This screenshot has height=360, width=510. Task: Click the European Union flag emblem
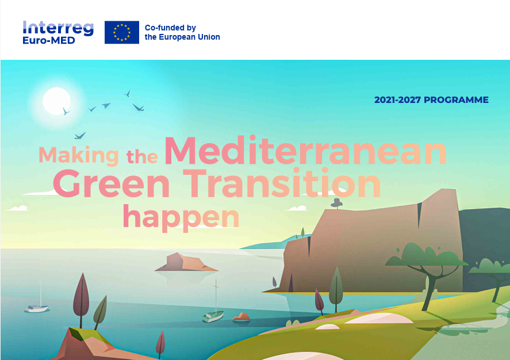[x=122, y=32]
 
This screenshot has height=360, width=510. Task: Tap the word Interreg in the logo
[x=58, y=28]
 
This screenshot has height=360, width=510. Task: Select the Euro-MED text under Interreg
[x=49, y=40]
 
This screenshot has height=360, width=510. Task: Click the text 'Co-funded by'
[x=170, y=28]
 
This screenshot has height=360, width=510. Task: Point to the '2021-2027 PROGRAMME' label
[x=431, y=100]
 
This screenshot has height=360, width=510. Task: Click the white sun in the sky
[x=56, y=101]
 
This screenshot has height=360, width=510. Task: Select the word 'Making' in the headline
[x=79, y=156]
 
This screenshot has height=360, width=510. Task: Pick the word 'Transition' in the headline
[x=282, y=182]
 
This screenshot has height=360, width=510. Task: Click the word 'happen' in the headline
[x=181, y=217]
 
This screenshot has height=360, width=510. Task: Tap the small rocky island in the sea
[x=186, y=262]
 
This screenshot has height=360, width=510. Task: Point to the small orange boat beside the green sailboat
[x=241, y=317]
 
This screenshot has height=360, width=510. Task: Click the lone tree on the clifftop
[x=336, y=203]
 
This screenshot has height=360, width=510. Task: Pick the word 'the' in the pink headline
[x=142, y=156]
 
